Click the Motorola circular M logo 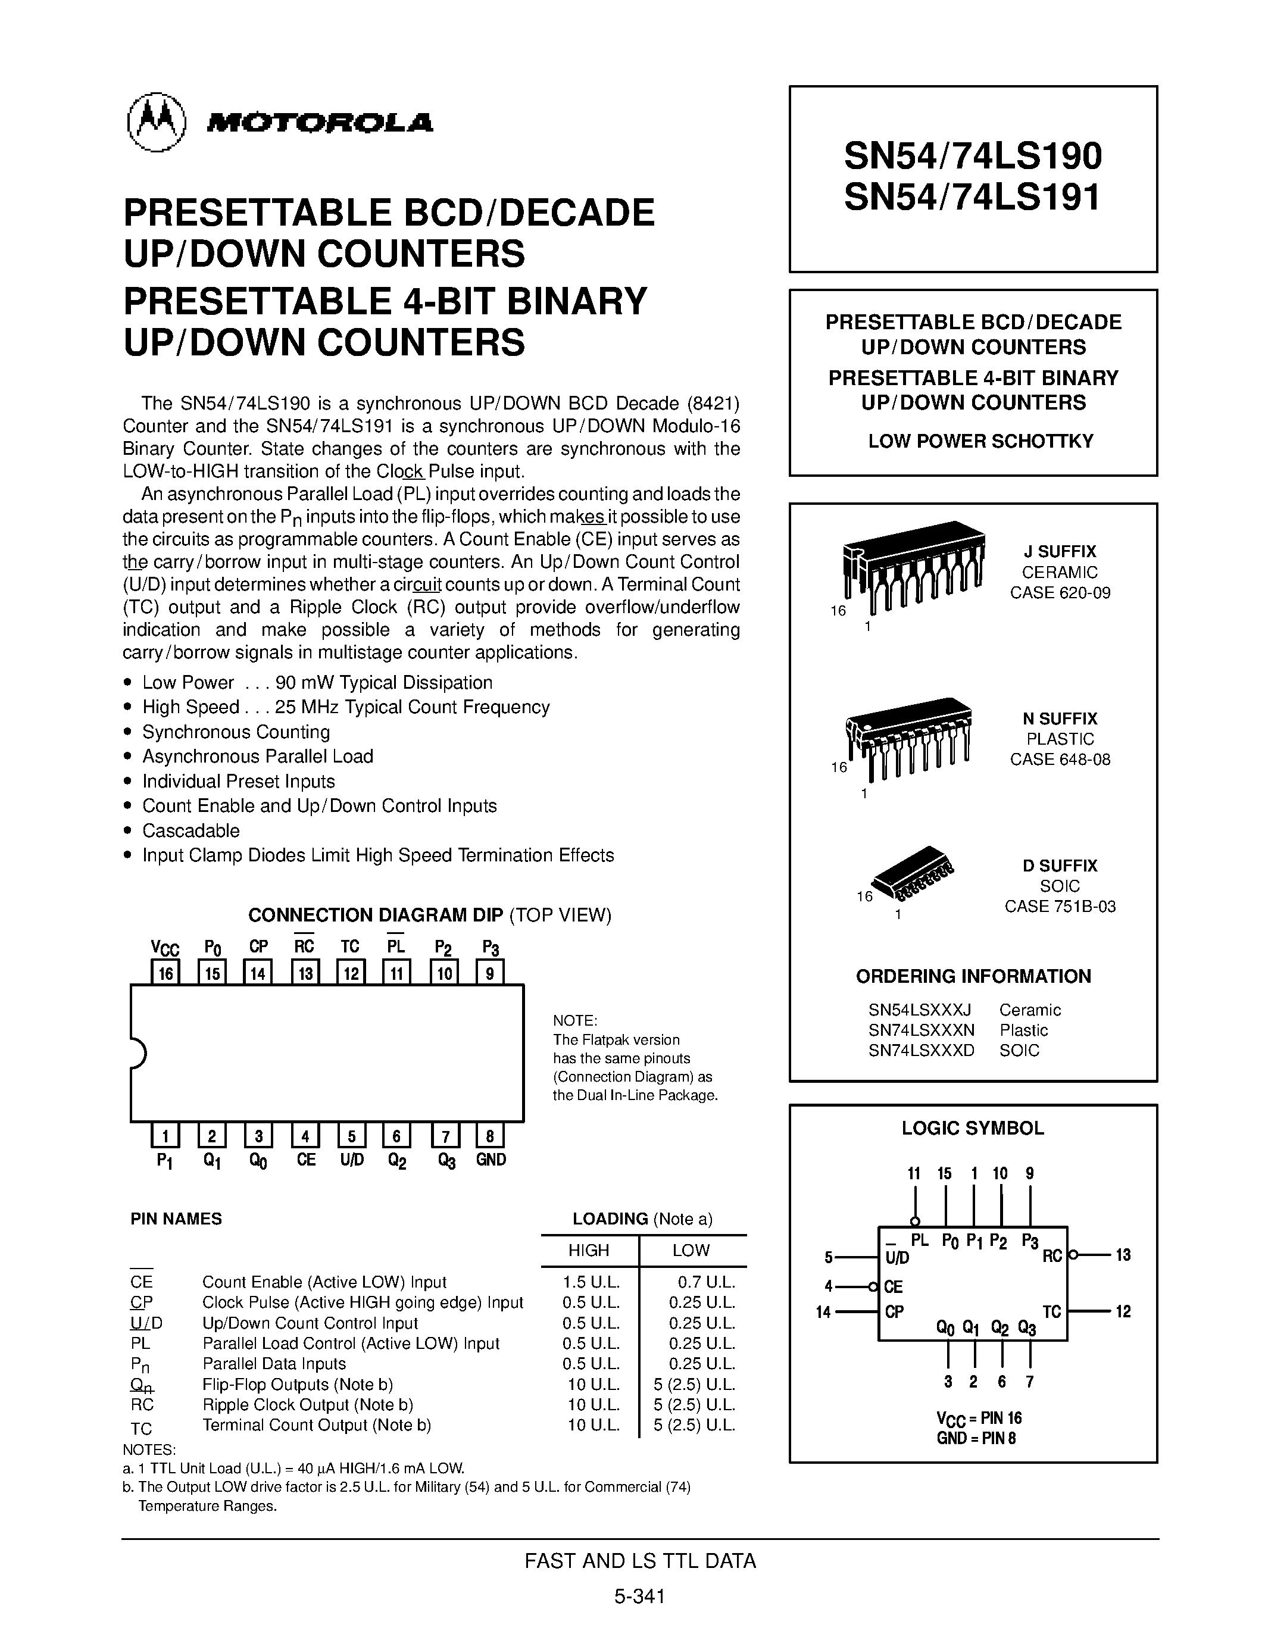(156, 123)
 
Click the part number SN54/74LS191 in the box (972, 198)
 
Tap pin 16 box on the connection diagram (165, 973)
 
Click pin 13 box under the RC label (305, 973)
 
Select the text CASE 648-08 (1060, 760)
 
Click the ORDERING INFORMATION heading (973, 976)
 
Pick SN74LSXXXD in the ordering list (921, 1050)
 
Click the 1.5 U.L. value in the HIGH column (591, 1282)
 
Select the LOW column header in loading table (690, 1250)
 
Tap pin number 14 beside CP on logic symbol (824, 1312)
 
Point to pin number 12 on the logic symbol (1122, 1312)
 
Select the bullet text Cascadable (191, 830)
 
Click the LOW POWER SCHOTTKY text (980, 441)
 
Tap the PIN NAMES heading (176, 1219)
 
